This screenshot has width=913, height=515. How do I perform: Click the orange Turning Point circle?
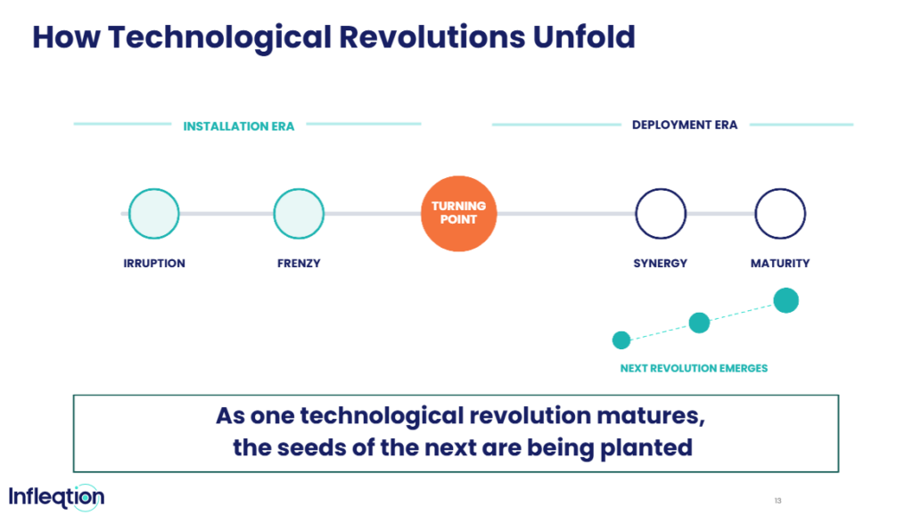tap(459, 214)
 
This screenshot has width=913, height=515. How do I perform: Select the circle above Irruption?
tap(153, 214)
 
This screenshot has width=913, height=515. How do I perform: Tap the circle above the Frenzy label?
tap(299, 214)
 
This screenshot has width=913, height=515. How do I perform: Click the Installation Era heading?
tap(239, 127)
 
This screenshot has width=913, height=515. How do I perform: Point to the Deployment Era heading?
tap(685, 125)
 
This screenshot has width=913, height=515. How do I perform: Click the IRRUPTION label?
tap(154, 264)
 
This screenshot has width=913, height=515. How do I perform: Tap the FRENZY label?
tap(299, 264)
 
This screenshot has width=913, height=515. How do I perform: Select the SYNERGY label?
tap(661, 264)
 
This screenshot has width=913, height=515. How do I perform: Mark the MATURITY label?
tap(780, 264)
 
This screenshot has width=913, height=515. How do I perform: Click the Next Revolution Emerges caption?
tap(694, 368)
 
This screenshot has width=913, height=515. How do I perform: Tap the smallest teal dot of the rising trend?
tap(621, 339)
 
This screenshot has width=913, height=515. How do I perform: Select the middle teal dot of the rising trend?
tap(699, 323)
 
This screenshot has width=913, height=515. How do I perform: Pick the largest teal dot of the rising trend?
tap(786, 300)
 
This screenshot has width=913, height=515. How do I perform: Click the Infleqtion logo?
tap(56, 497)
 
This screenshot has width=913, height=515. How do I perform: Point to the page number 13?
tap(777, 501)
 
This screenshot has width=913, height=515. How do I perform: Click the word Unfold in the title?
tap(584, 37)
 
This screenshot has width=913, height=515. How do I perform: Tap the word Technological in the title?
tap(219, 37)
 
